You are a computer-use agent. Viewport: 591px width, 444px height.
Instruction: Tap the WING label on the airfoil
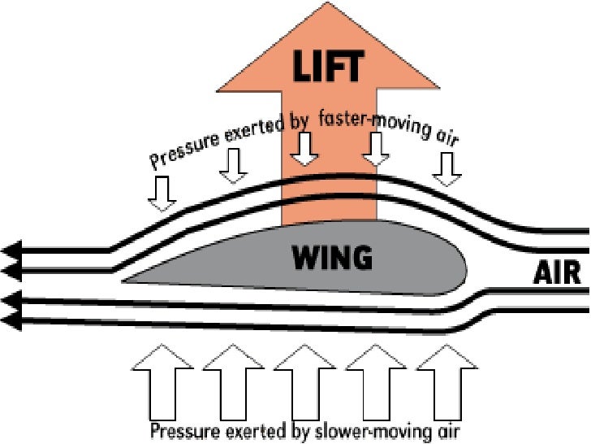[332, 259]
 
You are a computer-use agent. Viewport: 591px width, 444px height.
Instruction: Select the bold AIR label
[557, 274]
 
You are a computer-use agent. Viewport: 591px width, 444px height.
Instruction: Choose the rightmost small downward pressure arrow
[446, 166]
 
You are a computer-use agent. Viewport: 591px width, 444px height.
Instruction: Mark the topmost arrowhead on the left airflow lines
[11, 249]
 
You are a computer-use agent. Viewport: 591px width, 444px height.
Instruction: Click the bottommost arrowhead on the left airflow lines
[11, 321]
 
